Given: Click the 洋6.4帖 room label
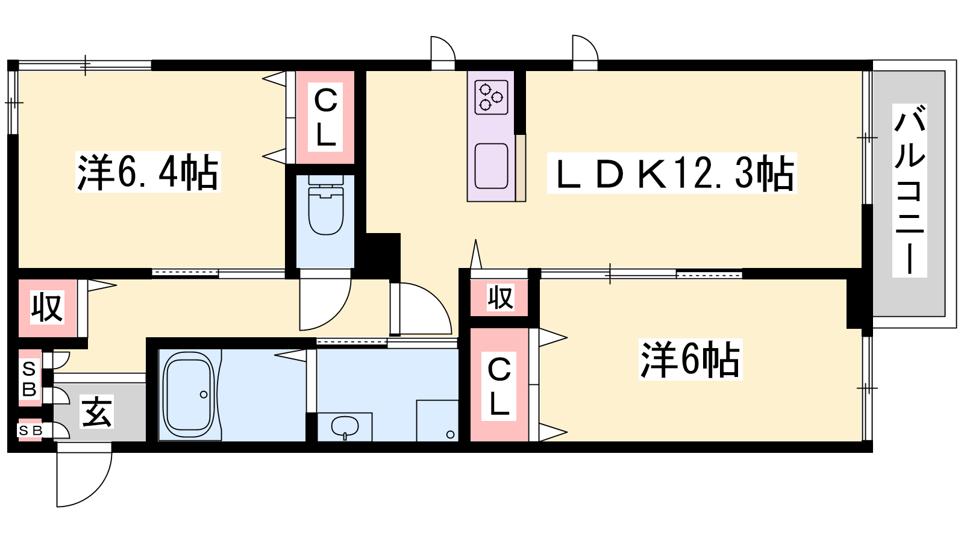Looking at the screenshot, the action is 148,172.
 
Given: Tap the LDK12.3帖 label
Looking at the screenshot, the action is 672,173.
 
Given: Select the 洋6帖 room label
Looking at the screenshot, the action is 690,359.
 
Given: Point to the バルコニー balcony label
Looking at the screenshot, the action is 909,190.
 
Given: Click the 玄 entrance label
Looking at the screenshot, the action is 97,412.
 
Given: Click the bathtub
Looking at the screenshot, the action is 190,394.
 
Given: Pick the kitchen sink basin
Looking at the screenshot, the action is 491,166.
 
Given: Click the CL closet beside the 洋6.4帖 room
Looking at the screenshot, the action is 325,117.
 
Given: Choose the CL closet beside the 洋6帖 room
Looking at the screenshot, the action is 499,385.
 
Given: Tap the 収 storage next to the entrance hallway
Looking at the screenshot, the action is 48,307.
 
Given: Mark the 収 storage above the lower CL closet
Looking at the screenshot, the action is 499,297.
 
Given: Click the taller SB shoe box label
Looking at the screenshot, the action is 30,379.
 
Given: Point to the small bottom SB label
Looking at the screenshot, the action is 30,430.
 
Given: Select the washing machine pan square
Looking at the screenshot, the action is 437,421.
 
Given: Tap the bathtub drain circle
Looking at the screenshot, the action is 204,394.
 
